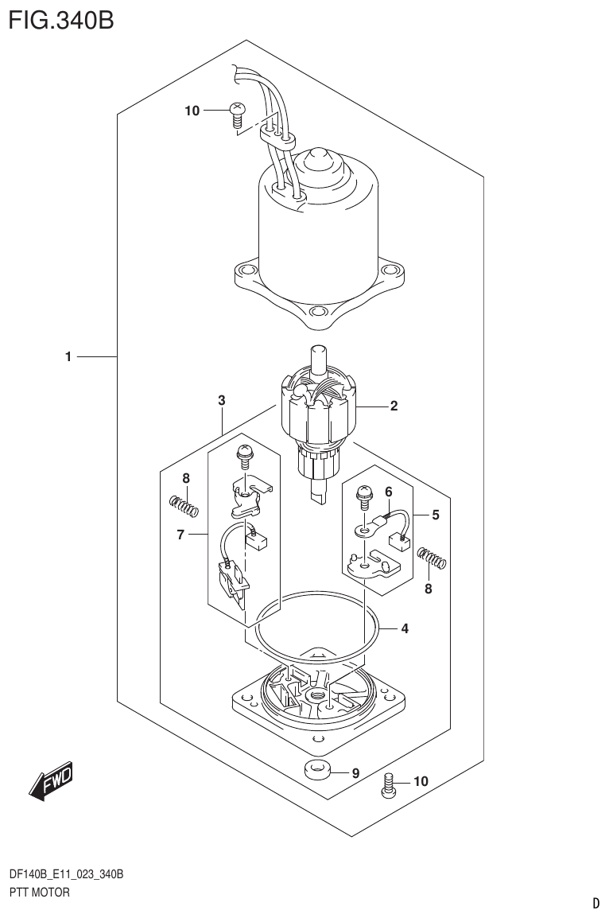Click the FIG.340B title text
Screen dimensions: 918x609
pyautogui.click(x=61, y=20)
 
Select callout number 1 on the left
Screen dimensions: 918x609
pyautogui.click(x=69, y=358)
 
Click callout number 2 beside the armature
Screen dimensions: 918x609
pyautogui.click(x=394, y=406)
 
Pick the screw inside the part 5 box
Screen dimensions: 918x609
pyautogui.click(x=364, y=497)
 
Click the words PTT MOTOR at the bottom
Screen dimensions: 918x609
pyautogui.click(x=38, y=892)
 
